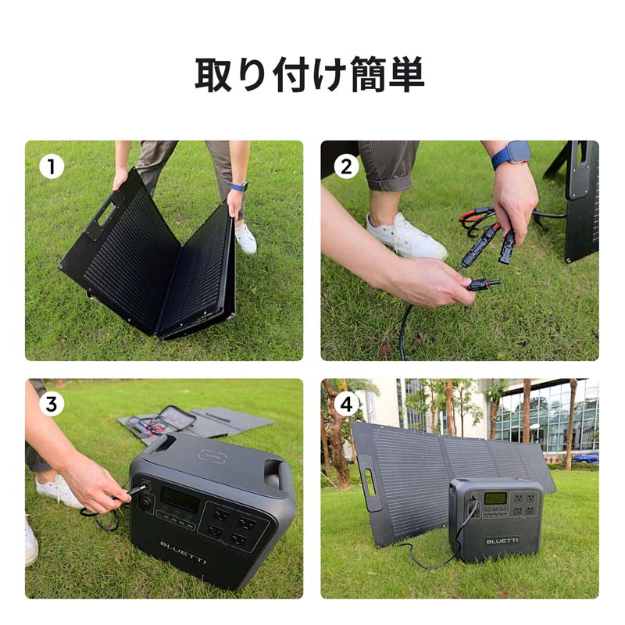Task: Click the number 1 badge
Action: tap(51, 166)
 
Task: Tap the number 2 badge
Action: tap(347, 166)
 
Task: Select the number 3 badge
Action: tap(51, 405)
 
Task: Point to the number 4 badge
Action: tap(347, 405)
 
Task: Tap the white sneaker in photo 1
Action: tap(245, 238)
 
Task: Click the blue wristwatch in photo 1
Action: tap(239, 187)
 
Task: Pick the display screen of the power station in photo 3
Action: tap(179, 500)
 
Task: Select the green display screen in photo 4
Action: tap(495, 498)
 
